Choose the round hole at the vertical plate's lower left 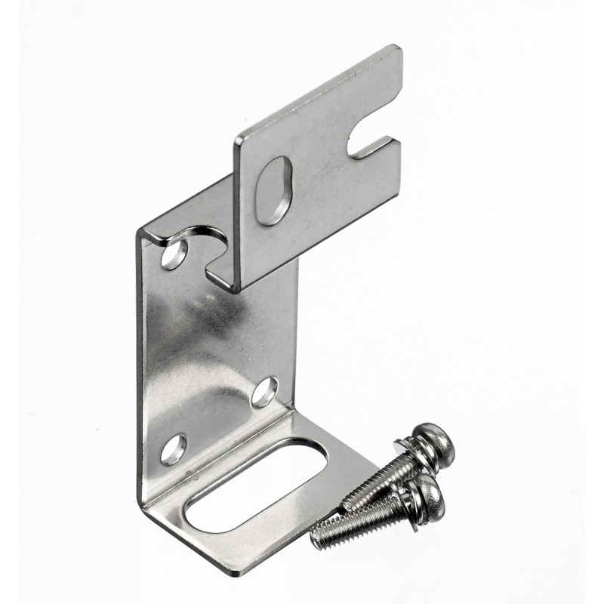(173, 449)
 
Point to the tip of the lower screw (316, 537)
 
